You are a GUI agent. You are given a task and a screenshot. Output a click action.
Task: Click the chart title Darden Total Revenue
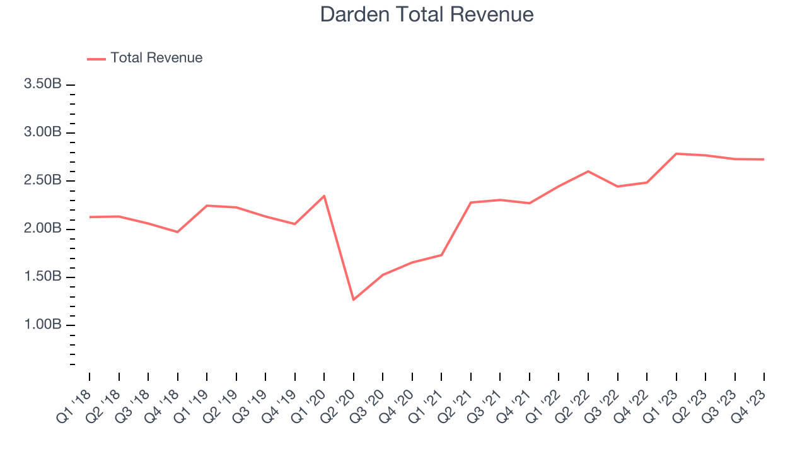(x=427, y=14)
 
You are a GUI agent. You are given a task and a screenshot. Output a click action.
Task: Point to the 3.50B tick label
(x=43, y=84)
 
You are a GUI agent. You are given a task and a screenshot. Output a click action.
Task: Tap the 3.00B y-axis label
(x=43, y=132)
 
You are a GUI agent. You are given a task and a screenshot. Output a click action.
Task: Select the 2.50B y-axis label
(x=43, y=180)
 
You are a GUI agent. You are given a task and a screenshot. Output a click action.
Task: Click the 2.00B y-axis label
(x=43, y=228)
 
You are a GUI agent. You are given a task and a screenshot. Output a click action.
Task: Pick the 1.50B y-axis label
(x=43, y=277)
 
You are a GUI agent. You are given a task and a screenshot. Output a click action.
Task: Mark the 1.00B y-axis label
(x=43, y=325)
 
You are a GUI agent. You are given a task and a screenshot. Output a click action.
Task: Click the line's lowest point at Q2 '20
(x=353, y=300)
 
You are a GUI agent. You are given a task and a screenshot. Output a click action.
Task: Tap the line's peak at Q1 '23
(x=676, y=153)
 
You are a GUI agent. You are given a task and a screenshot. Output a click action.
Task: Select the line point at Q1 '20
(x=324, y=195)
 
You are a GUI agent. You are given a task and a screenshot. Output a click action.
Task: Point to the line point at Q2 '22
(x=588, y=171)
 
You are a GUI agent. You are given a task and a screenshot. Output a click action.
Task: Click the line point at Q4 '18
(x=177, y=232)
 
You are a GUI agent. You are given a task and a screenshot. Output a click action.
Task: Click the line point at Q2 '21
(x=471, y=202)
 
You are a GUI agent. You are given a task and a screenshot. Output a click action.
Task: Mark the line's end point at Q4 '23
(x=764, y=159)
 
